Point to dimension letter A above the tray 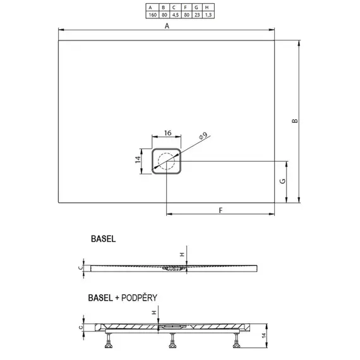pyautogui.click(x=167, y=25)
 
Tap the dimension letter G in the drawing pyautogui.click(x=284, y=181)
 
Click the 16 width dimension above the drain pyautogui.click(x=167, y=133)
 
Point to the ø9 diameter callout pyautogui.click(x=201, y=135)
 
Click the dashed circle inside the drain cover pyautogui.click(x=167, y=161)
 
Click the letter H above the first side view pyautogui.click(x=181, y=255)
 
